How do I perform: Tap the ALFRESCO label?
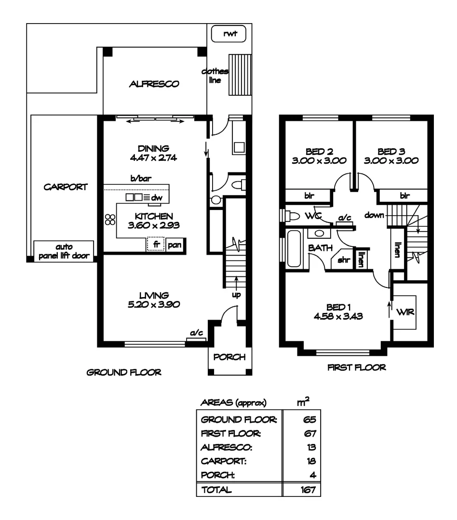click(154, 84)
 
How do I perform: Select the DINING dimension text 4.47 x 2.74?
click(153, 157)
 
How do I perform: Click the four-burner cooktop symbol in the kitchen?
click(110, 219)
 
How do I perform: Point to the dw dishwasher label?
click(157, 197)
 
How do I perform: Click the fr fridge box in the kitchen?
click(156, 245)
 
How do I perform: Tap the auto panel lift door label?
click(64, 251)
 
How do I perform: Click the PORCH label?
click(229, 357)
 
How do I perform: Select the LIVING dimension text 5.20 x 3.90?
click(153, 304)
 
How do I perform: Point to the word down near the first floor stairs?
click(374, 216)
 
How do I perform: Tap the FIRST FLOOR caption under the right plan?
click(357, 367)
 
